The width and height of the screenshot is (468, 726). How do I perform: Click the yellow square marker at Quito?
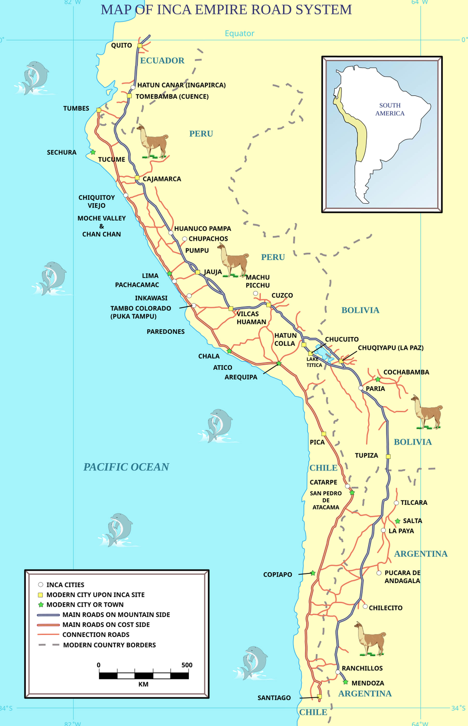[140, 45]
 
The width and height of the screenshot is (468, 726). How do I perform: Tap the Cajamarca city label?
[162, 179]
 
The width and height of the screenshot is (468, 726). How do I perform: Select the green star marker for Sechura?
[93, 152]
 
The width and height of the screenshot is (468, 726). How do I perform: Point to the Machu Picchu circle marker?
[256, 293]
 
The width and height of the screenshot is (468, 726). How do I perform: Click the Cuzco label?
[282, 295]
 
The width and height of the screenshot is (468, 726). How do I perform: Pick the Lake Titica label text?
[314, 362]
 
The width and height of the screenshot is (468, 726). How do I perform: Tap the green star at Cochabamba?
[377, 379]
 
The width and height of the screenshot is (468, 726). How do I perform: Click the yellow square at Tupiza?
[388, 456]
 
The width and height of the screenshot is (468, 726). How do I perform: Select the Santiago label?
[274, 698]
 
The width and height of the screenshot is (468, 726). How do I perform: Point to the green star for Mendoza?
[345, 682]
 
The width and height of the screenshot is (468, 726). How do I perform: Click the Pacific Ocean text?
[126, 467]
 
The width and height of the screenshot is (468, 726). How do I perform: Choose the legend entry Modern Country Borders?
[109, 645]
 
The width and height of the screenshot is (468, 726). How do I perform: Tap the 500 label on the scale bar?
[187, 665]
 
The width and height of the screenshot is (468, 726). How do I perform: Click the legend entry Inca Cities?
[65, 585]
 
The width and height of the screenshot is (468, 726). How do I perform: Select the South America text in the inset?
[390, 109]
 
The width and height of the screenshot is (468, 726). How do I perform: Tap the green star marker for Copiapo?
[313, 573]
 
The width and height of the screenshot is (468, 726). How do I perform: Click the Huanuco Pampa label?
[202, 228]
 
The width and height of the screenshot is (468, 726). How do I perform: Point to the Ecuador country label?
[162, 60]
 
